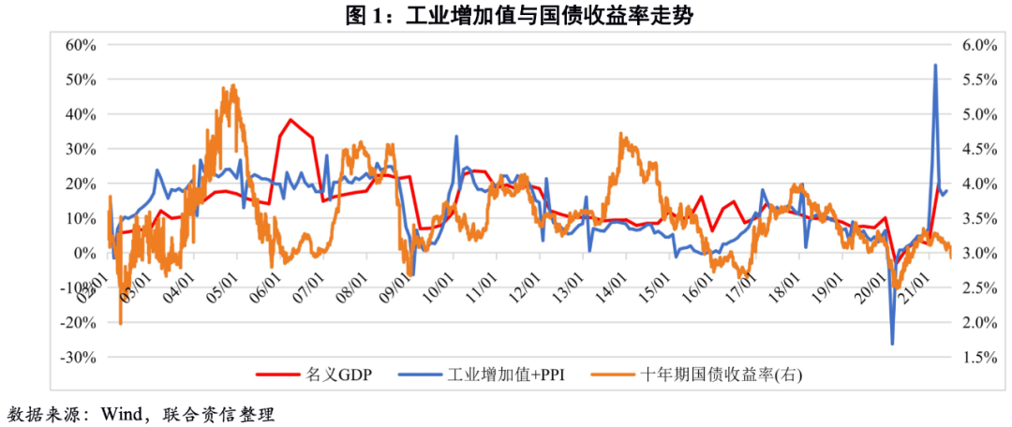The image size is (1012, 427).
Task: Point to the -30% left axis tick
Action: coord(79,358)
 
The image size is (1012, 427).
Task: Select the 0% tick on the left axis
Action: coord(87,253)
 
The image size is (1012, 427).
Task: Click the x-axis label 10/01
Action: coord(439,280)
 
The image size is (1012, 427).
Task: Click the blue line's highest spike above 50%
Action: coord(934,66)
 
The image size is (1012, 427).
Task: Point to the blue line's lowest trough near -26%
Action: coord(892,344)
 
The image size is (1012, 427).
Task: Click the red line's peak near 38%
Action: coord(290,120)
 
